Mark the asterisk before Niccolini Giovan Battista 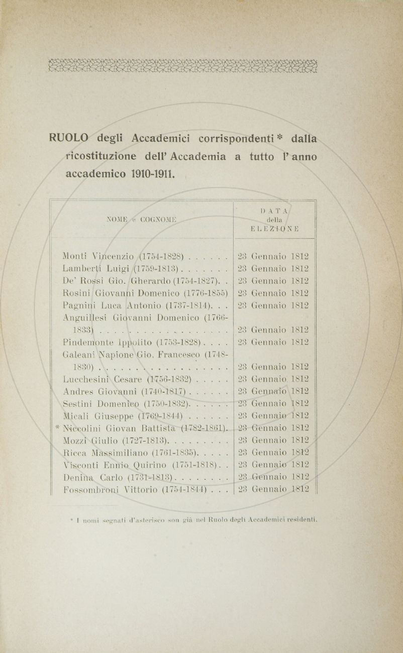(58, 427)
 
